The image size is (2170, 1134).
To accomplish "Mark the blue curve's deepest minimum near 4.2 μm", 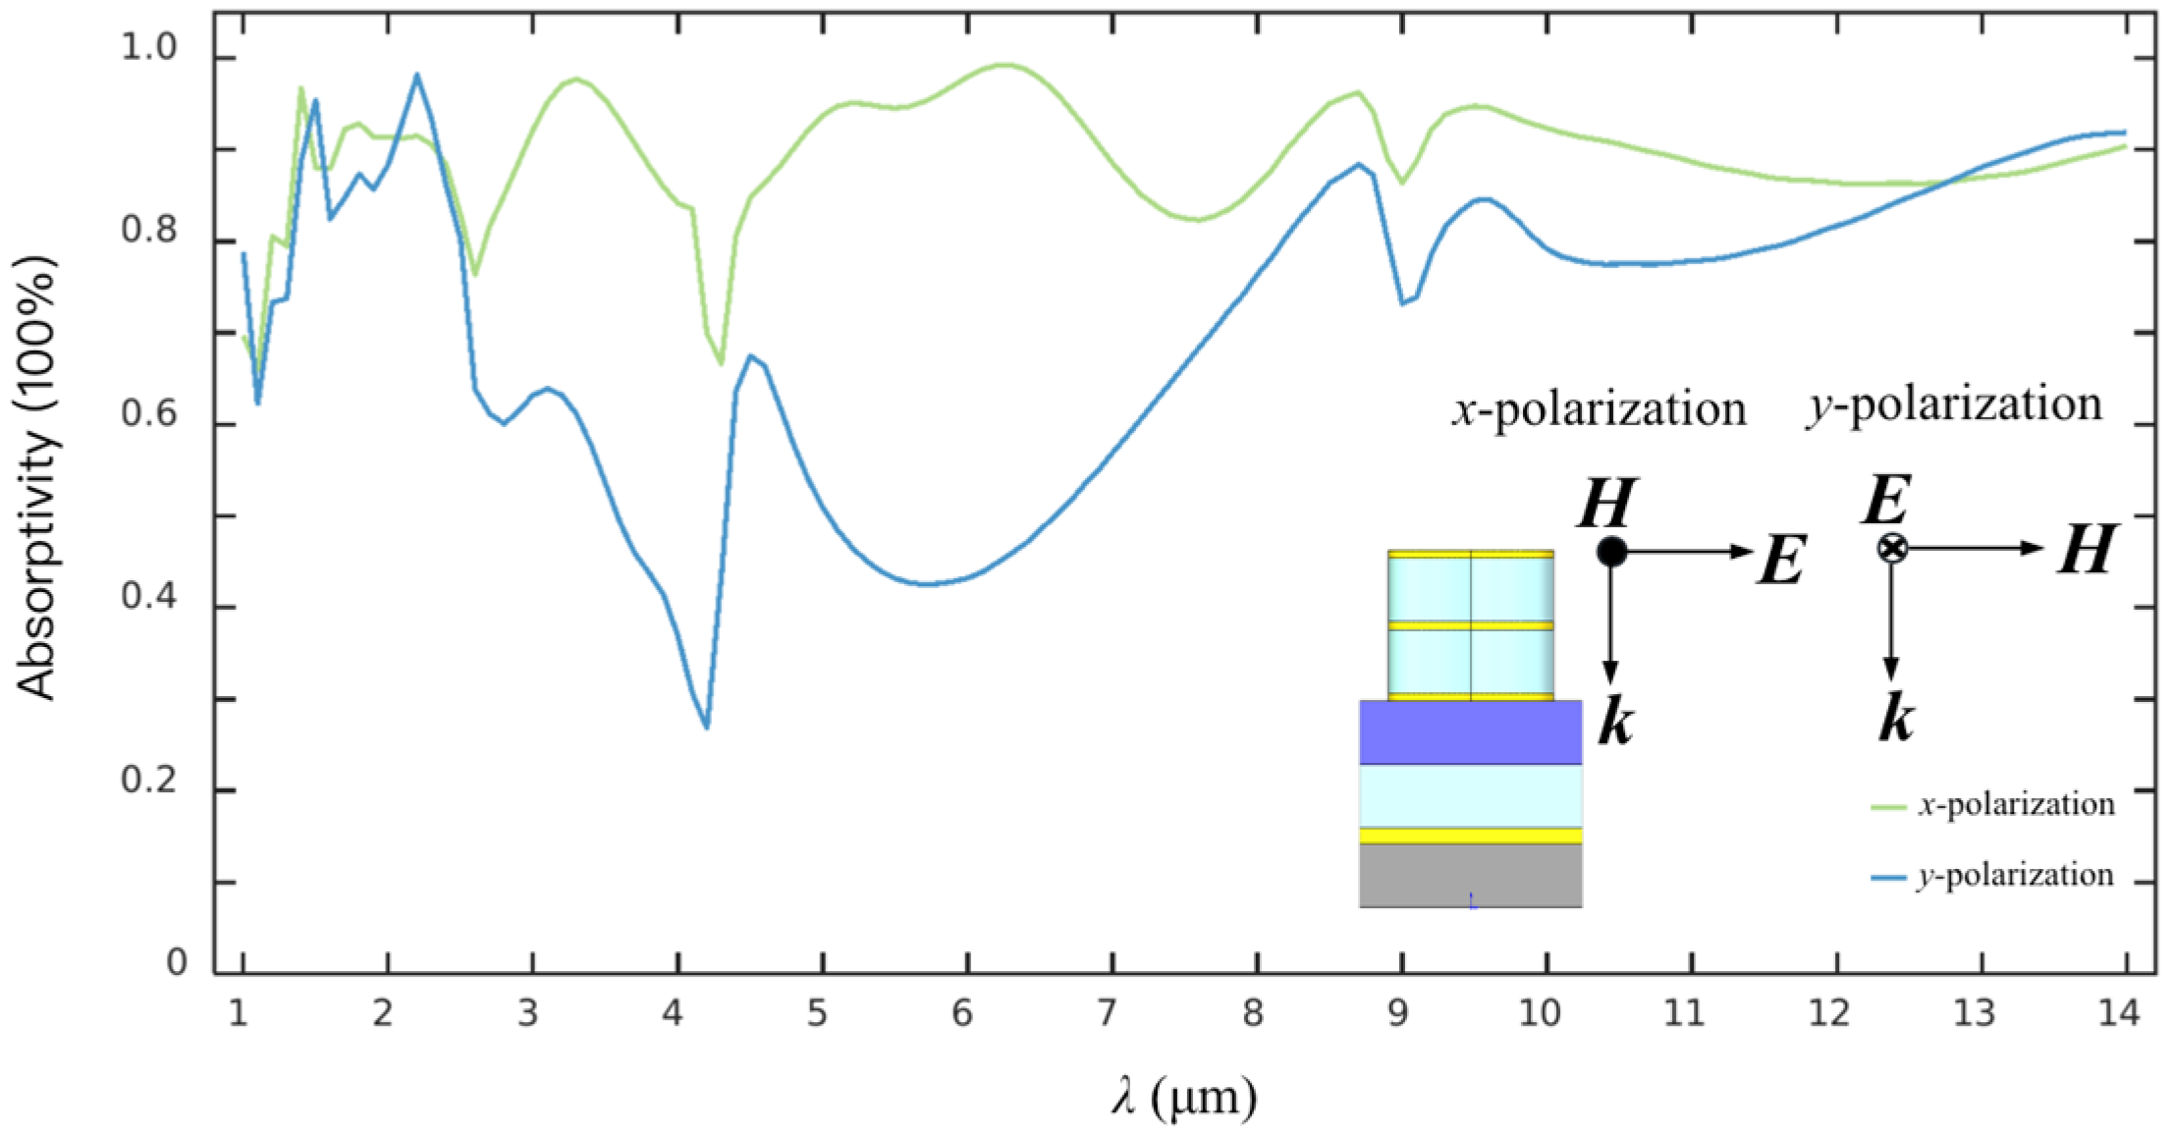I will (x=706, y=727).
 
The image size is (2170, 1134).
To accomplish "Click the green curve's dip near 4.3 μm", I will (x=721, y=363).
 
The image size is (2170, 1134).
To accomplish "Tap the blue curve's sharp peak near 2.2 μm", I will (x=416, y=75).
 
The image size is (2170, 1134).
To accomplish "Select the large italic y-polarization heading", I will (x=1954, y=405).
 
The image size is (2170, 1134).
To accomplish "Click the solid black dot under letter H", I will (x=1611, y=552).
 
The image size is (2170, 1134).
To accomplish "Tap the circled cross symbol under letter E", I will (x=1892, y=548).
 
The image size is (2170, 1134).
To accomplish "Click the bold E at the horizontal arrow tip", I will (x=1780, y=562).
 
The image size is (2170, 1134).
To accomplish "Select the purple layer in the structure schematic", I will (x=1470, y=732).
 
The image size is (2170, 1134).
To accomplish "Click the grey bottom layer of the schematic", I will (x=1470, y=875).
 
